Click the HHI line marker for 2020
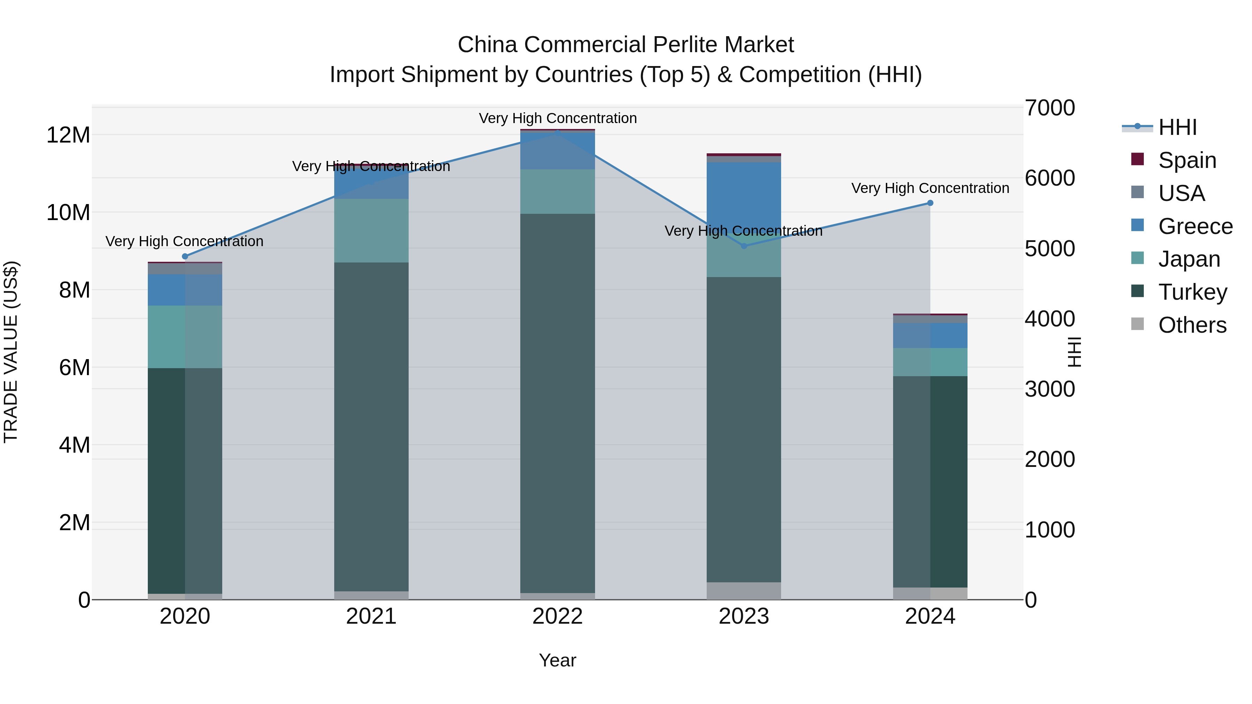pyautogui.click(x=185, y=257)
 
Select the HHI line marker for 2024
pyautogui.click(x=930, y=203)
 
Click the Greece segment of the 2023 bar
pyautogui.click(x=744, y=194)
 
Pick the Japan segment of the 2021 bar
pyautogui.click(x=371, y=231)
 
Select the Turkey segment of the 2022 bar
pyautogui.click(x=557, y=403)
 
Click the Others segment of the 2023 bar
pyautogui.click(x=744, y=591)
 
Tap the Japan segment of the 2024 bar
pyautogui.click(x=930, y=362)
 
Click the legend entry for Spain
pyautogui.click(x=1187, y=160)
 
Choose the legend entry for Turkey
pyautogui.click(x=1192, y=292)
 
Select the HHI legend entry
pyautogui.click(x=1177, y=127)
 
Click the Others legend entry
pyautogui.click(x=1192, y=325)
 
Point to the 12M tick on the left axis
pyautogui.click(x=68, y=135)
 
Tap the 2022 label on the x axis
pyautogui.click(x=557, y=616)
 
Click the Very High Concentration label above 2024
pyautogui.click(x=930, y=188)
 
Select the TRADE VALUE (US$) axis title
pyautogui.click(x=11, y=352)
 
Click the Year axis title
pyautogui.click(x=557, y=660)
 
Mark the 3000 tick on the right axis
pyautogui.click(x=1050, y=389)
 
